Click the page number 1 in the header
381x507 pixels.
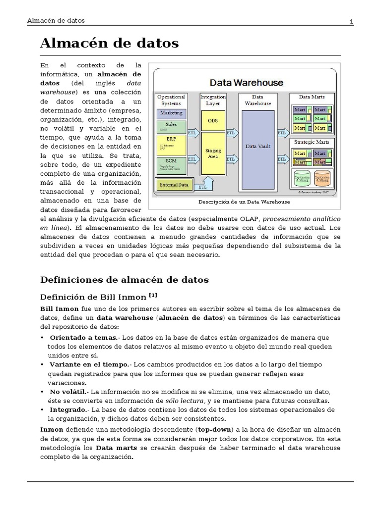pyautogui.click(x=351, y=21)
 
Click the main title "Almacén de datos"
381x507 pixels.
pyautogui.click(x=109, y=44)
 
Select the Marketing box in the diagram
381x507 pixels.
pyautogui.click(x=171, y=113)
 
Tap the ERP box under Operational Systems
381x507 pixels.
pyautogui.click(x=171, y=145)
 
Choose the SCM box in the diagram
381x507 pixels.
pyautogui.click(x=171, y=165)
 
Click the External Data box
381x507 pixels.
pyautogui.click(x=174, y=185)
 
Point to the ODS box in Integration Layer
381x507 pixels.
pyautogui.click(x=213, y=121)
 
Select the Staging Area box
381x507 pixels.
pyautogui.click(x=213, y=153)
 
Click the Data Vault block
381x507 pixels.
pyautogui.click(x=257, y=146)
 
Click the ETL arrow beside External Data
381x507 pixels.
pyautogui.click(x=203, y=187)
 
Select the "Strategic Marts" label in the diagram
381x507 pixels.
pyautogui.click(x=312, y=142)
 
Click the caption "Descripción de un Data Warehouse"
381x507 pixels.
pyautogui.click(x=244, y=202)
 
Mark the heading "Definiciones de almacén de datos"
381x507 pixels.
pyautogui.click(x=124, y=280)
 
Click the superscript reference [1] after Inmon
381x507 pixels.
pyautogui.click(x=152, y=295)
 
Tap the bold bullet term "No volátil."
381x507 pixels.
pyautogui.click(x=66, y=391)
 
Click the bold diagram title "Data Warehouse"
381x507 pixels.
pyautogui.click(x=246, y=83)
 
